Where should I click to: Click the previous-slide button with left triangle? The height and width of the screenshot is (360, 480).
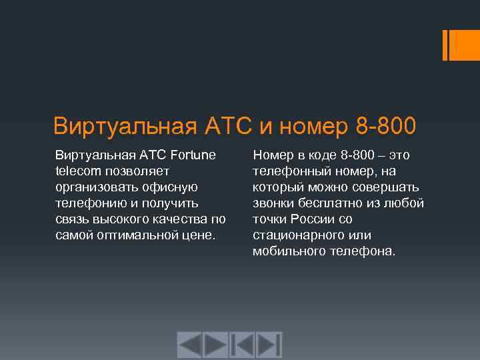click(189, 345)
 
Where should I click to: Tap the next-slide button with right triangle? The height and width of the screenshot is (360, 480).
click(215, 345)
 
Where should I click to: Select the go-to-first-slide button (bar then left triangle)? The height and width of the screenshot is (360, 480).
click(243, 345)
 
